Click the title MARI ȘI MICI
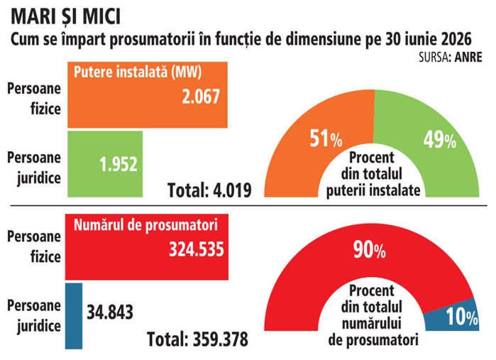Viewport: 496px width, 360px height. [66, 17]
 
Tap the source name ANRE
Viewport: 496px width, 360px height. [468, 58]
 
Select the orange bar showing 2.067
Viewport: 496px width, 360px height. [148, 95]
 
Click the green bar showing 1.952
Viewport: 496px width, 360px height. [105, 164]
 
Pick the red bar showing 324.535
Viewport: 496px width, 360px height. [147, 247]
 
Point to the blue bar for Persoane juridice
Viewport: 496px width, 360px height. [74, 316]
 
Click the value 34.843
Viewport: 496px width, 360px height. [110, 312]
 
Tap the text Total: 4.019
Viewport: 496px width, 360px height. [209, 190]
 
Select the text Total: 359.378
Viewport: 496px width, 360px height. [198, 339]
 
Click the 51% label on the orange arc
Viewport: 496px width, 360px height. [326, 138]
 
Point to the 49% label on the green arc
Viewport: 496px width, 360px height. [440, 140]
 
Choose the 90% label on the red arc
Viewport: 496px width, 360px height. [370, 249]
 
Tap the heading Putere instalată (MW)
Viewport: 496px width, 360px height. [138, 72]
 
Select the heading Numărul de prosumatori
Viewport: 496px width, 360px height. [145, 225]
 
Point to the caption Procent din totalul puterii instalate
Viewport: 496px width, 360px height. [373, 174]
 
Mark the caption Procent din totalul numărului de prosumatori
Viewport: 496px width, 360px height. [373, 315]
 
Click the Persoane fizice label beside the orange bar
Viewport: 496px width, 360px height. [34, 99]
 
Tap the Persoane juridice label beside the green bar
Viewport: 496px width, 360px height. [34, 168]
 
